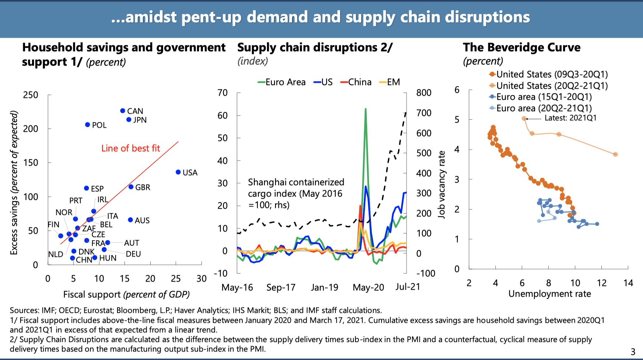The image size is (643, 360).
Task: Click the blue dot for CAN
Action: pyautogui.click(x=123, y=111)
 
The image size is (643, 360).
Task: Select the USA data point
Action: pyautogui.click(x=178, y=172)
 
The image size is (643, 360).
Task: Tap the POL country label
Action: pyautogui.click(x=99, y=125)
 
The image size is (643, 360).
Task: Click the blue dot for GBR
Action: pyautogui.click(x=131, y=187)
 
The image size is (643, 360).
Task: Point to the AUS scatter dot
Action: pyautogui.click(x=130, y=220)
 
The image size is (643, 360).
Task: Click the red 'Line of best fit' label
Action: pyautogui.click(x=130, y=148)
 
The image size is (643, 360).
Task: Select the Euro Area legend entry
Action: pyautogui.click(x=282, y=82)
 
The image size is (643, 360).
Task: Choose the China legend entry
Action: pyautogui.click(x=356, y=82)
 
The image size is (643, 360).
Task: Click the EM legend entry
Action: pyautogui.click(x=390, y=82)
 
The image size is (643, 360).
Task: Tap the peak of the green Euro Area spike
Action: pyautogui.click(x=365, y=109)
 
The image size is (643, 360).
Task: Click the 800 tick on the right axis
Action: pyautogui.click(x=424, y=93)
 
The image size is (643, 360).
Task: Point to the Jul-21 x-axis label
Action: pyautogui.click(x=408, y=287)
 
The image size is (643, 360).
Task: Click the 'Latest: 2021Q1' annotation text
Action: pyautogui.click(x=570, y=118)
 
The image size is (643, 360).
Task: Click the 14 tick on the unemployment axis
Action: pyautogui.click(x=628, y=283)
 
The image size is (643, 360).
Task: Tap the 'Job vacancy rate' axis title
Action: pyautogui.click(x=442, y=184)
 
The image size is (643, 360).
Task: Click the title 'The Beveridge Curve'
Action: pyautogui.click(x=521, y=47)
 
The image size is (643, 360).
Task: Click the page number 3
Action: pyautogui.click(x=633, y=352)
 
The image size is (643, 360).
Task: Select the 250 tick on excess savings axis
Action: pyautogui.click(x=31, y=95)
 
